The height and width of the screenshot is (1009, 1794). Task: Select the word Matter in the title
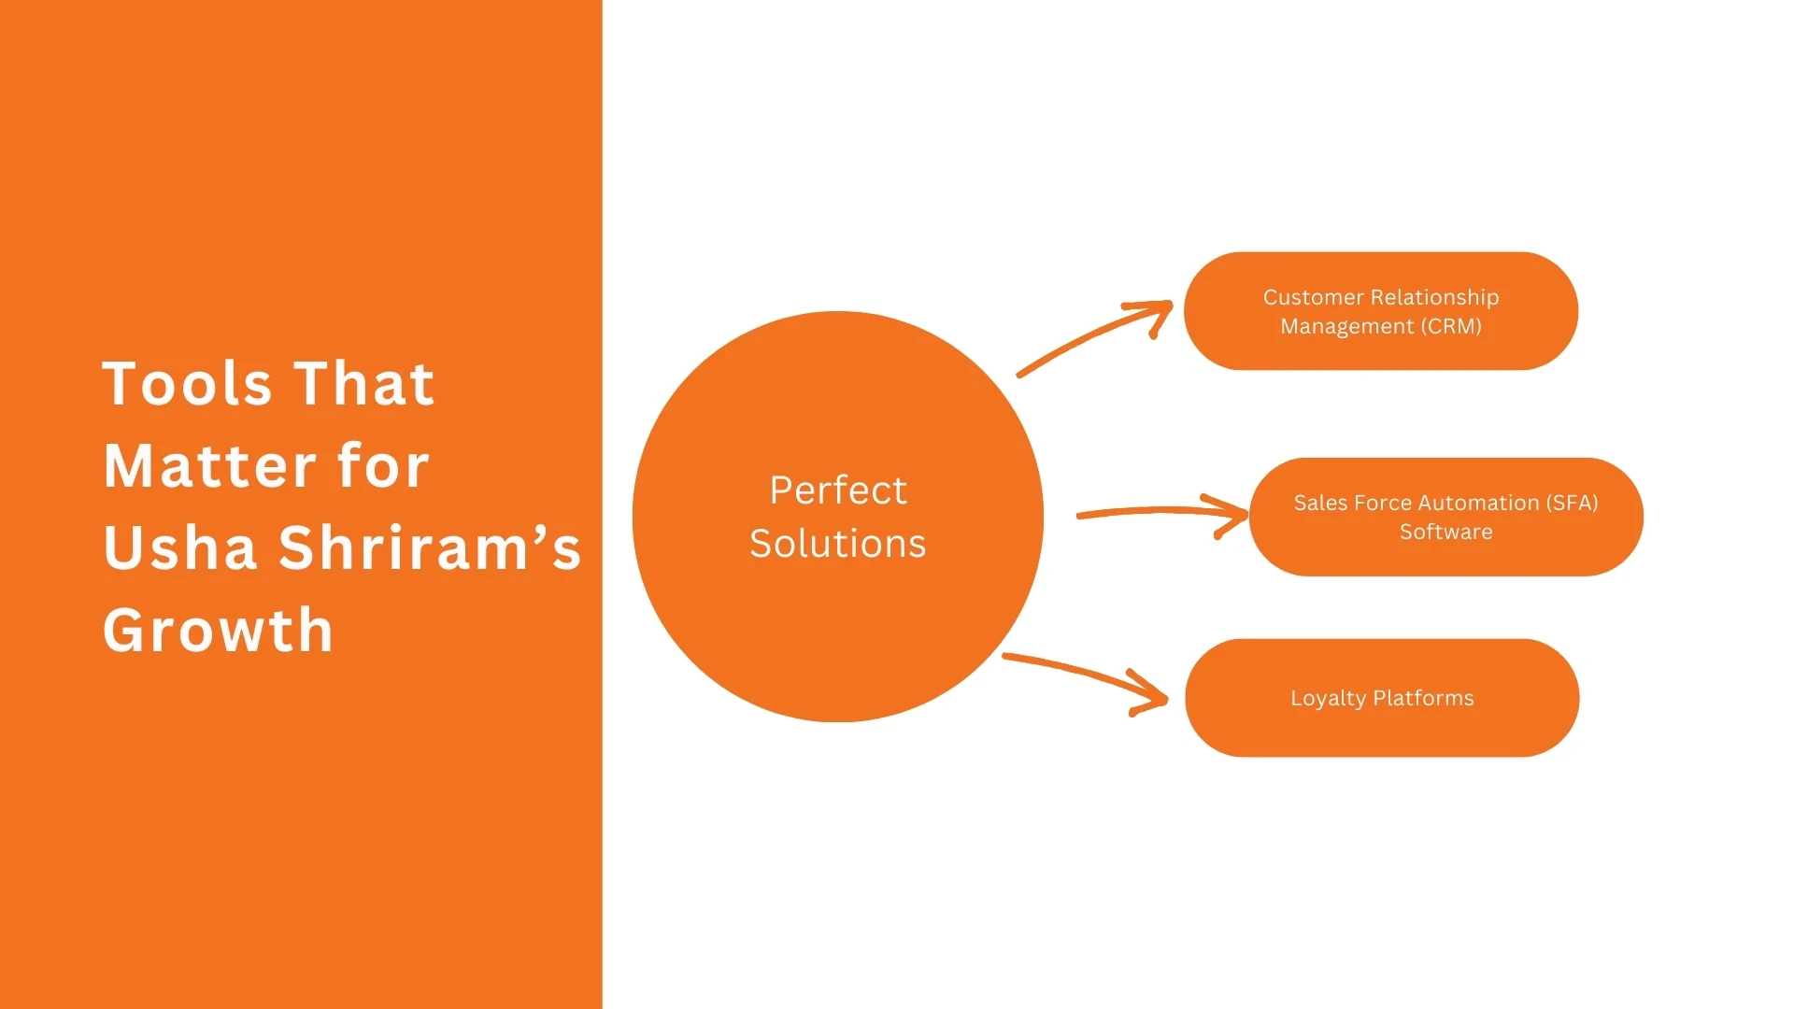point(210,466)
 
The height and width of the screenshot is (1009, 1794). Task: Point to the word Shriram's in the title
point(430,548)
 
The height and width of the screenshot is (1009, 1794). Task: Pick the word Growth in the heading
point(218,631)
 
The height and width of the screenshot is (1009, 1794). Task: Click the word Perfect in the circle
point(838,490)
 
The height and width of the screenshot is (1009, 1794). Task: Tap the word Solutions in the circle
point(838,544)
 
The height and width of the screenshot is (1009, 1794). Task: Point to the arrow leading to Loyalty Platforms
point(1089,677)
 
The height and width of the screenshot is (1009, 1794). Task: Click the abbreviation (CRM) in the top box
point(1451,327)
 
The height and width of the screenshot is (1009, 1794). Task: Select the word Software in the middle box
point(1445,532)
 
